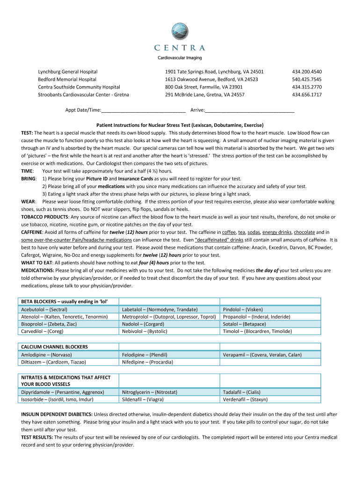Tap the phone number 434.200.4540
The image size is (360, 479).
point(307,72)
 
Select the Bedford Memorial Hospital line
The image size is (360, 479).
point(67,80)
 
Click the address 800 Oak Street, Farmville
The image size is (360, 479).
point(204,87)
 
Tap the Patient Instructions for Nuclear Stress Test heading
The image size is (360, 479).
point(180,125)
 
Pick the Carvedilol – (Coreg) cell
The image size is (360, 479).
point(42,331)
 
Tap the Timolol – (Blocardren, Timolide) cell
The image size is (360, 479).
point(257,331)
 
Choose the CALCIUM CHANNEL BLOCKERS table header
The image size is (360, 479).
point(54,347)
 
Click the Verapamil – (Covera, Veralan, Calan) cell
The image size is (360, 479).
point(262,355)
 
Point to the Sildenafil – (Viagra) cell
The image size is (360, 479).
point(143,399)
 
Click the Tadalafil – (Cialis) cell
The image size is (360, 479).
point(242,392)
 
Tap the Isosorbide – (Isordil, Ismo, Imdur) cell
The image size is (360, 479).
point(57,399)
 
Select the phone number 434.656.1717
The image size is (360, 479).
point(307,94)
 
